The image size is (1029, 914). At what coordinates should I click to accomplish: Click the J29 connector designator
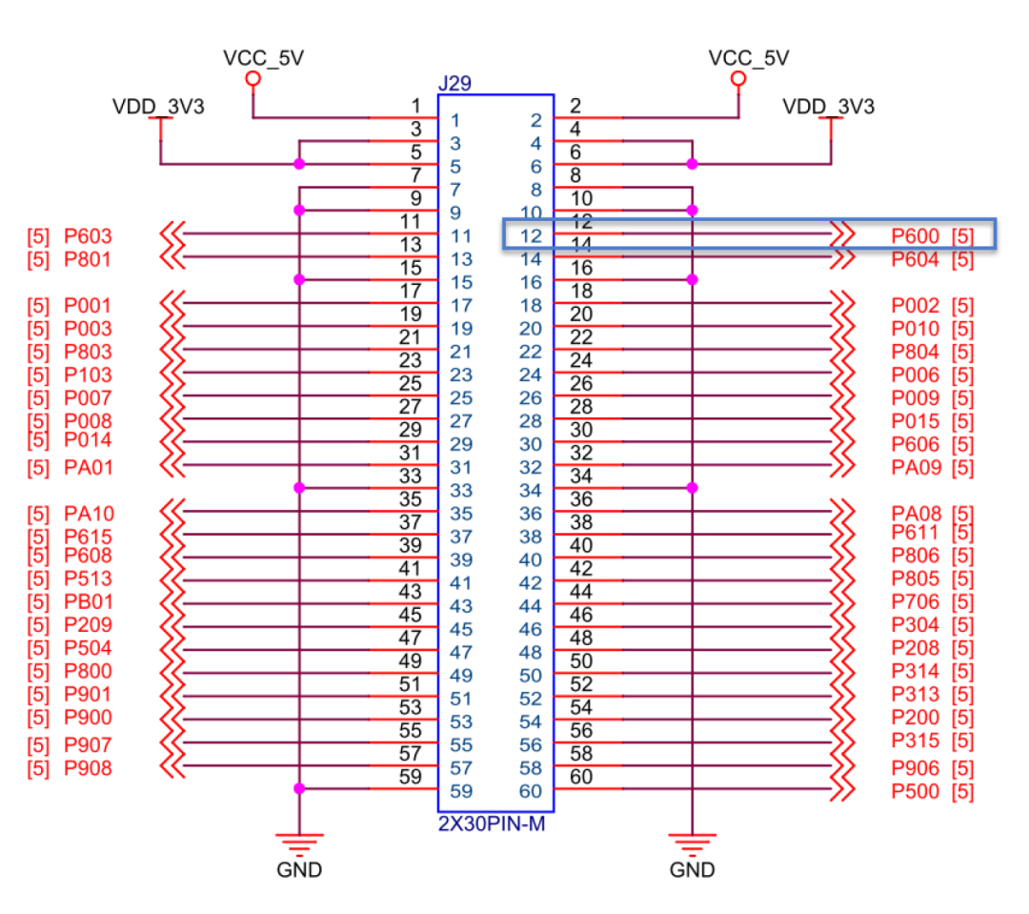pos(454,85)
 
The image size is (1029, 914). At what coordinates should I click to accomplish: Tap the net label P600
pos(916,236)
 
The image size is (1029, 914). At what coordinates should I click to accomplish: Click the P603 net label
pos(88,236)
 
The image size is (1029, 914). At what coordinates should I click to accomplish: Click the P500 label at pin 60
pos(916,791)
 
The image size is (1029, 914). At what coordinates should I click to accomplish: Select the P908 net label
pos(88,767)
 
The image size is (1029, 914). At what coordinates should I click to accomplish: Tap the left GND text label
pos(299,869)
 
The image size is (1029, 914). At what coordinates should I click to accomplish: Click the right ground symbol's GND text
pos(692,869)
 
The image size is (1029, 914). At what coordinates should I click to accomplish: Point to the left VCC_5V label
pos(263,58)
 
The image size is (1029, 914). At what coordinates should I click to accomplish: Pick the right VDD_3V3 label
pos(828,107)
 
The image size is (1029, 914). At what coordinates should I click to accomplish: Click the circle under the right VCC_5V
pos(737,80)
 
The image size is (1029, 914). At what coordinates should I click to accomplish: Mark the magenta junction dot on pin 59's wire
pos(300,788)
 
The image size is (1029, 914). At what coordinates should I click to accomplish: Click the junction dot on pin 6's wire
pos(692,164)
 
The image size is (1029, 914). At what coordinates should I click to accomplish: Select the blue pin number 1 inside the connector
pos(455,121)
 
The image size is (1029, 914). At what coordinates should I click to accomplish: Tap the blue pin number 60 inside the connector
pos(531,791)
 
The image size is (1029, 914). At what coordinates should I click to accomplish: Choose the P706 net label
pos(916,601)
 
